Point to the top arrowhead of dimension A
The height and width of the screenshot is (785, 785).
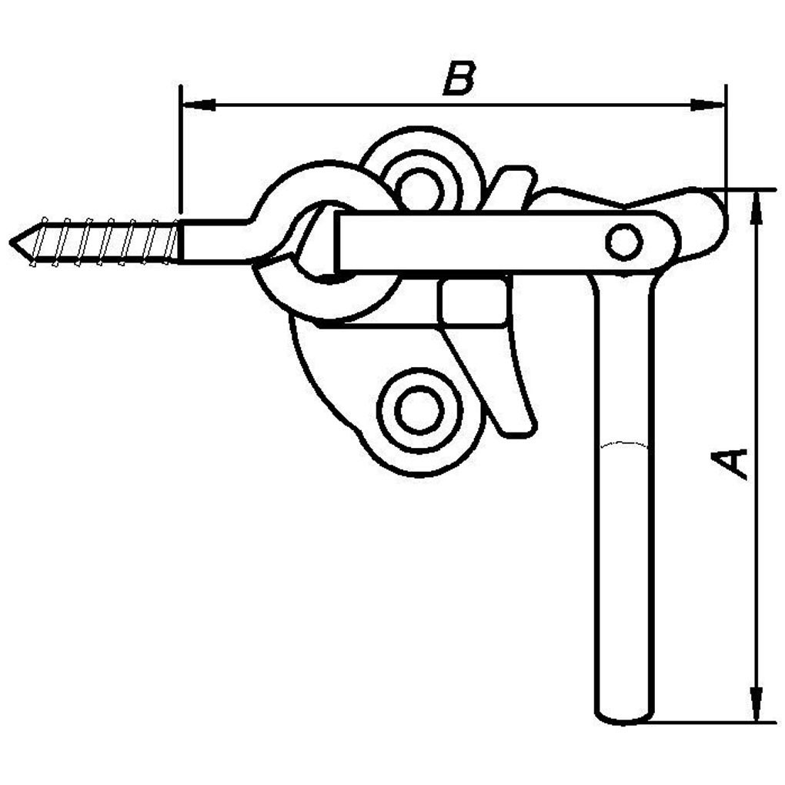point(757,205)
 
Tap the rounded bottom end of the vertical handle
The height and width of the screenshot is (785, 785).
point(623,717)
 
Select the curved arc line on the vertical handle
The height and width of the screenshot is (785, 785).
point(623,444)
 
